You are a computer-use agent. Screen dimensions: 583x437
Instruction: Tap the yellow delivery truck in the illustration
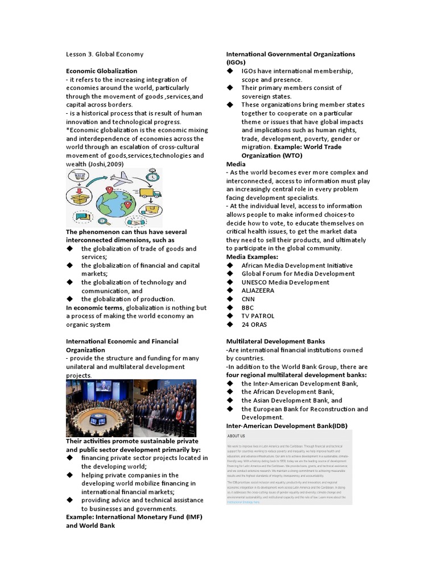pos(149,194)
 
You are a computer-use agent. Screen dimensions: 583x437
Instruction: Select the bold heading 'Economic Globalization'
pos(101,71)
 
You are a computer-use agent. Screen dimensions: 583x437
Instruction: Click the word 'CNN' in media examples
pos(248,299)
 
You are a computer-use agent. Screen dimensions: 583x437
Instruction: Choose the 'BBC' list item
pos(248,307)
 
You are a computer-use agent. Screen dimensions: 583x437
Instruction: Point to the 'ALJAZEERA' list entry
pos(257,290)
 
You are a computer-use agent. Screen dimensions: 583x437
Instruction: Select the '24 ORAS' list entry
pos(254,325)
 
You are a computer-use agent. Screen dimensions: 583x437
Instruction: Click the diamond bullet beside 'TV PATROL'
pos(230,316)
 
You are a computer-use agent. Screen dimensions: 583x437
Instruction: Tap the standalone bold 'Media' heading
pos(236,164)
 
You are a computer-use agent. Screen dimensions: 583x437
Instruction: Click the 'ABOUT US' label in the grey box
pos(236,436)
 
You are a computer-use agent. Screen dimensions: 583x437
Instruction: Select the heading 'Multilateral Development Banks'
pos(275,342)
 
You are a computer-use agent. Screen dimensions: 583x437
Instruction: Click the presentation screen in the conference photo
pos(104,388)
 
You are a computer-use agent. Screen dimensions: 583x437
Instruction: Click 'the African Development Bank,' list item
pos(288,392)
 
